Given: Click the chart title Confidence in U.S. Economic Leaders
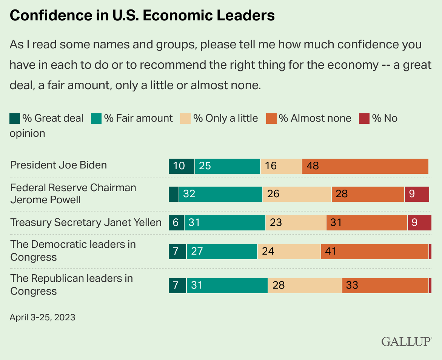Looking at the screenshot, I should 142,15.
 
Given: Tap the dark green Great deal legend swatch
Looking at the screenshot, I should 15,119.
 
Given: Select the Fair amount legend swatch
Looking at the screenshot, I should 97,119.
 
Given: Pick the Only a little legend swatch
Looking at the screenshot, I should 186,119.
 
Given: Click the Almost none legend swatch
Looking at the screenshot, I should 271,119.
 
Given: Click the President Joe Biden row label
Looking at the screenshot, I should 59,165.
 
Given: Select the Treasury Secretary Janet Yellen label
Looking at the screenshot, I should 86,222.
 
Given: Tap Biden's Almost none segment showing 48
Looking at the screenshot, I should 365,166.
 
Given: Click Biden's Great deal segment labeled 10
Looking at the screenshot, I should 182,166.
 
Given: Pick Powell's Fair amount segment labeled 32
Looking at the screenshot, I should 221,194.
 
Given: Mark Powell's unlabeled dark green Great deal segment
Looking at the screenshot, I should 174,194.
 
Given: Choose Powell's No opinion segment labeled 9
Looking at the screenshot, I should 417,194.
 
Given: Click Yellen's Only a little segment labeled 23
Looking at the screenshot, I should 296,222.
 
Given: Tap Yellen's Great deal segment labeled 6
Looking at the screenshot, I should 176,222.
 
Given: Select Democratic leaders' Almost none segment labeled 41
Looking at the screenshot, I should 375,251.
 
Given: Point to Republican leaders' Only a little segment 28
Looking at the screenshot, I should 305,285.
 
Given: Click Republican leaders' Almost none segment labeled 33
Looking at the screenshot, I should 385,285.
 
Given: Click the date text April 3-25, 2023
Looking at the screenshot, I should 42,317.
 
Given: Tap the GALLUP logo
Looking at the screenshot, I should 406,341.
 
